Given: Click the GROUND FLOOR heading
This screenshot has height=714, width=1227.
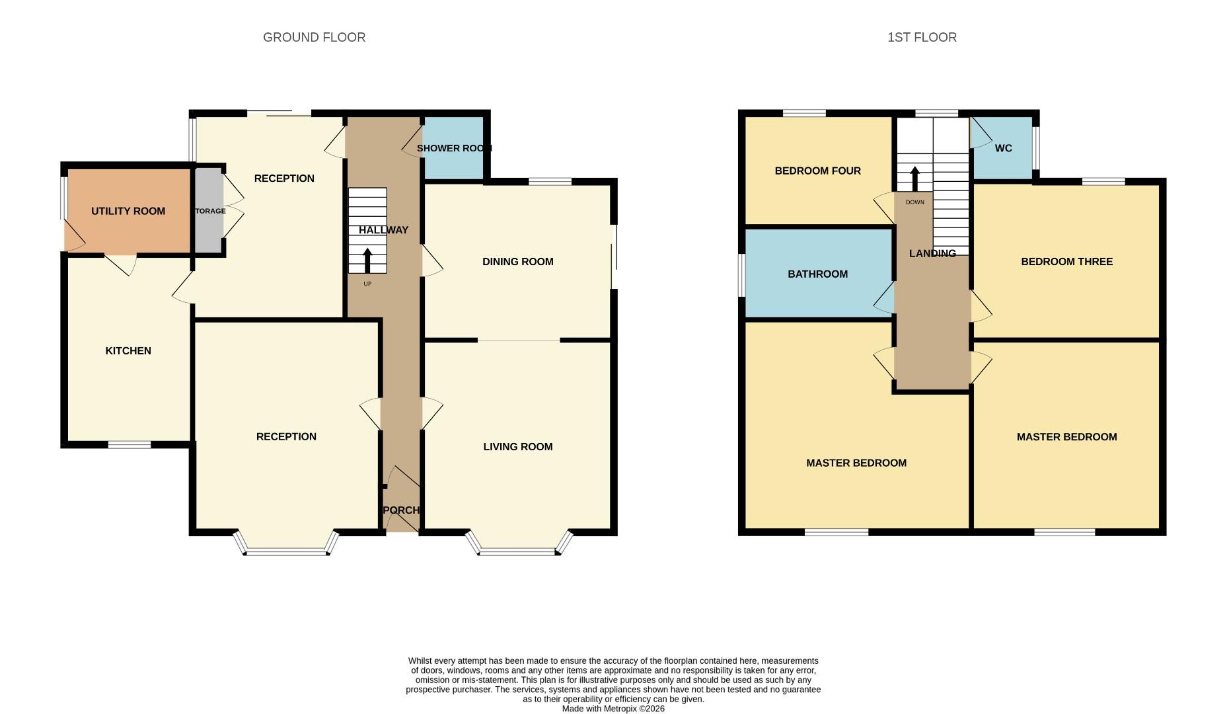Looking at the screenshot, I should click(x=314, y=38).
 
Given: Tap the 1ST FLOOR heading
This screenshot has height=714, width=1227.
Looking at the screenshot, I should click(x=922, y=38).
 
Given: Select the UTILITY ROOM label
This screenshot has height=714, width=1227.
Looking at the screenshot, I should click(x=128, y=212).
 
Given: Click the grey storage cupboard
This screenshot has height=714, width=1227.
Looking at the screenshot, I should click(x=209, y=212).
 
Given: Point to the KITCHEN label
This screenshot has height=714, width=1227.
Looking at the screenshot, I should click(x=128, y=351).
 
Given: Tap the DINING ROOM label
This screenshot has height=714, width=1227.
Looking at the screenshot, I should click(x=517, y=262).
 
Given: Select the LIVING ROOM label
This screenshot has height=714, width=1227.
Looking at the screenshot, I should click(x=517, y=447).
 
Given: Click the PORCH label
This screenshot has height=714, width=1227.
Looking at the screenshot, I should click(x=401, y=510).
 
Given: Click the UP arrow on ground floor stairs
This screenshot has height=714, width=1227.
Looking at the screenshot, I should click(x=367, y=260).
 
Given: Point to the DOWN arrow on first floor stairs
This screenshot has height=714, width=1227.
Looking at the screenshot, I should click(x=915, y=178).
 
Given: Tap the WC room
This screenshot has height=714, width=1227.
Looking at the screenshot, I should click(x=1002, y=148).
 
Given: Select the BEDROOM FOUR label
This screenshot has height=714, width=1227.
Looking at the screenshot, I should click(x=817, y=171).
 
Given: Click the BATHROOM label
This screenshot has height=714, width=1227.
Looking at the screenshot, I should click(x=817, y=274).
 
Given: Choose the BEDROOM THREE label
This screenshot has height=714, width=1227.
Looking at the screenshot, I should click(x=1066, y=262).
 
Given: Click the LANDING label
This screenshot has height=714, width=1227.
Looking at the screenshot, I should click(x=932, y=254).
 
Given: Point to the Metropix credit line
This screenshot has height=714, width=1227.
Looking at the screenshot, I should click(x=613, y=709).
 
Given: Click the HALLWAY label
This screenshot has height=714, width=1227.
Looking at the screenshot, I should click(x=383, y=230).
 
